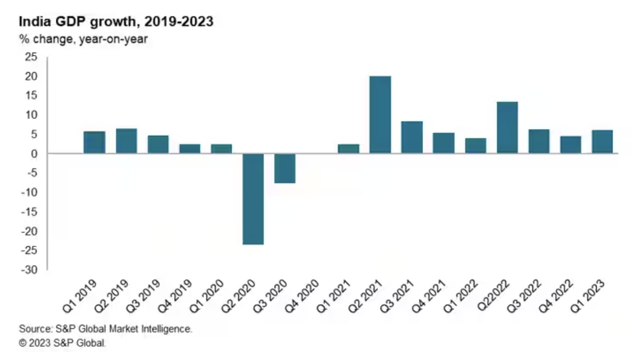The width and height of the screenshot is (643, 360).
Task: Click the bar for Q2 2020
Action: [x=253, y=199]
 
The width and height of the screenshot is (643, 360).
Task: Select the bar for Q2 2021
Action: [x=380, y=115]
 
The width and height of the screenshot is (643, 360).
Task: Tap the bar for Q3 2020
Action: [x=285, y=168]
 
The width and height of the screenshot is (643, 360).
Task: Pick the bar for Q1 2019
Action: [x=94, y=142]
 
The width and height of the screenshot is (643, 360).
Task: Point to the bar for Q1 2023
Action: [x=602, y=142]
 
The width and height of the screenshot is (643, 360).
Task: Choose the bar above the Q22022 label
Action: [x=507, y=127]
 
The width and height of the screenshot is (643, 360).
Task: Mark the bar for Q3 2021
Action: [x=412, y=137]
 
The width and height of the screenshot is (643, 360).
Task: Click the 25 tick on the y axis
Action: [x=33, y=57]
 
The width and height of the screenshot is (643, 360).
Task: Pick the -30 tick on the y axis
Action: [x=31, y=270]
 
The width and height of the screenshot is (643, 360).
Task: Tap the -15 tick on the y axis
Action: [x=31, y=212]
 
